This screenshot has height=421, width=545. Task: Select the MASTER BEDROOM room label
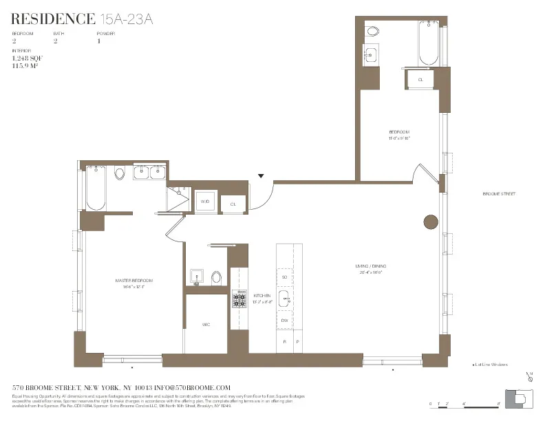tap(133, 281)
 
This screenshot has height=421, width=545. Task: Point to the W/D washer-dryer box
tap(204, 202)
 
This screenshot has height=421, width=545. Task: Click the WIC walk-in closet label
tap(206, 324)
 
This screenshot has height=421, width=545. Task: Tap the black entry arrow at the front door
tap(261, 176)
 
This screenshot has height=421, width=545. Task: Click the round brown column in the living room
tap(430, 222)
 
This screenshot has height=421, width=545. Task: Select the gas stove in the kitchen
tap(239, 298)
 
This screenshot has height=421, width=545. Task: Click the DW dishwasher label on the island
tap(284, 321)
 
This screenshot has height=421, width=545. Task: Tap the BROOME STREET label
tap(499, 194)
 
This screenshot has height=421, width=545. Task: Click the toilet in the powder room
tap(216, 277)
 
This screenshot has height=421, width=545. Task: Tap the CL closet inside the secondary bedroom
tap(420, 80)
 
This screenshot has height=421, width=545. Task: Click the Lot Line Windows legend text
tap(491, 365)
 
